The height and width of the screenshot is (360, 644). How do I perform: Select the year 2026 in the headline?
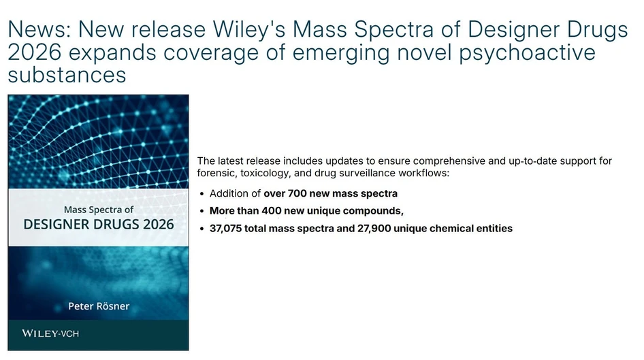(x=33, y=52)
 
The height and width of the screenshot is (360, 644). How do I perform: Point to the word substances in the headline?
(x=67, y=73)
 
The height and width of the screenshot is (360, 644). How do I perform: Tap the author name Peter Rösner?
(x=99, y=306)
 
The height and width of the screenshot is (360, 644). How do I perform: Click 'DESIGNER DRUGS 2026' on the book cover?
(x=99, y=224)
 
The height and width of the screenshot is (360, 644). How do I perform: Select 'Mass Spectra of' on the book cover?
(x=99, y=209)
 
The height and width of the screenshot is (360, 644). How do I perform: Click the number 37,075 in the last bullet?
(x=227, y=229)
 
